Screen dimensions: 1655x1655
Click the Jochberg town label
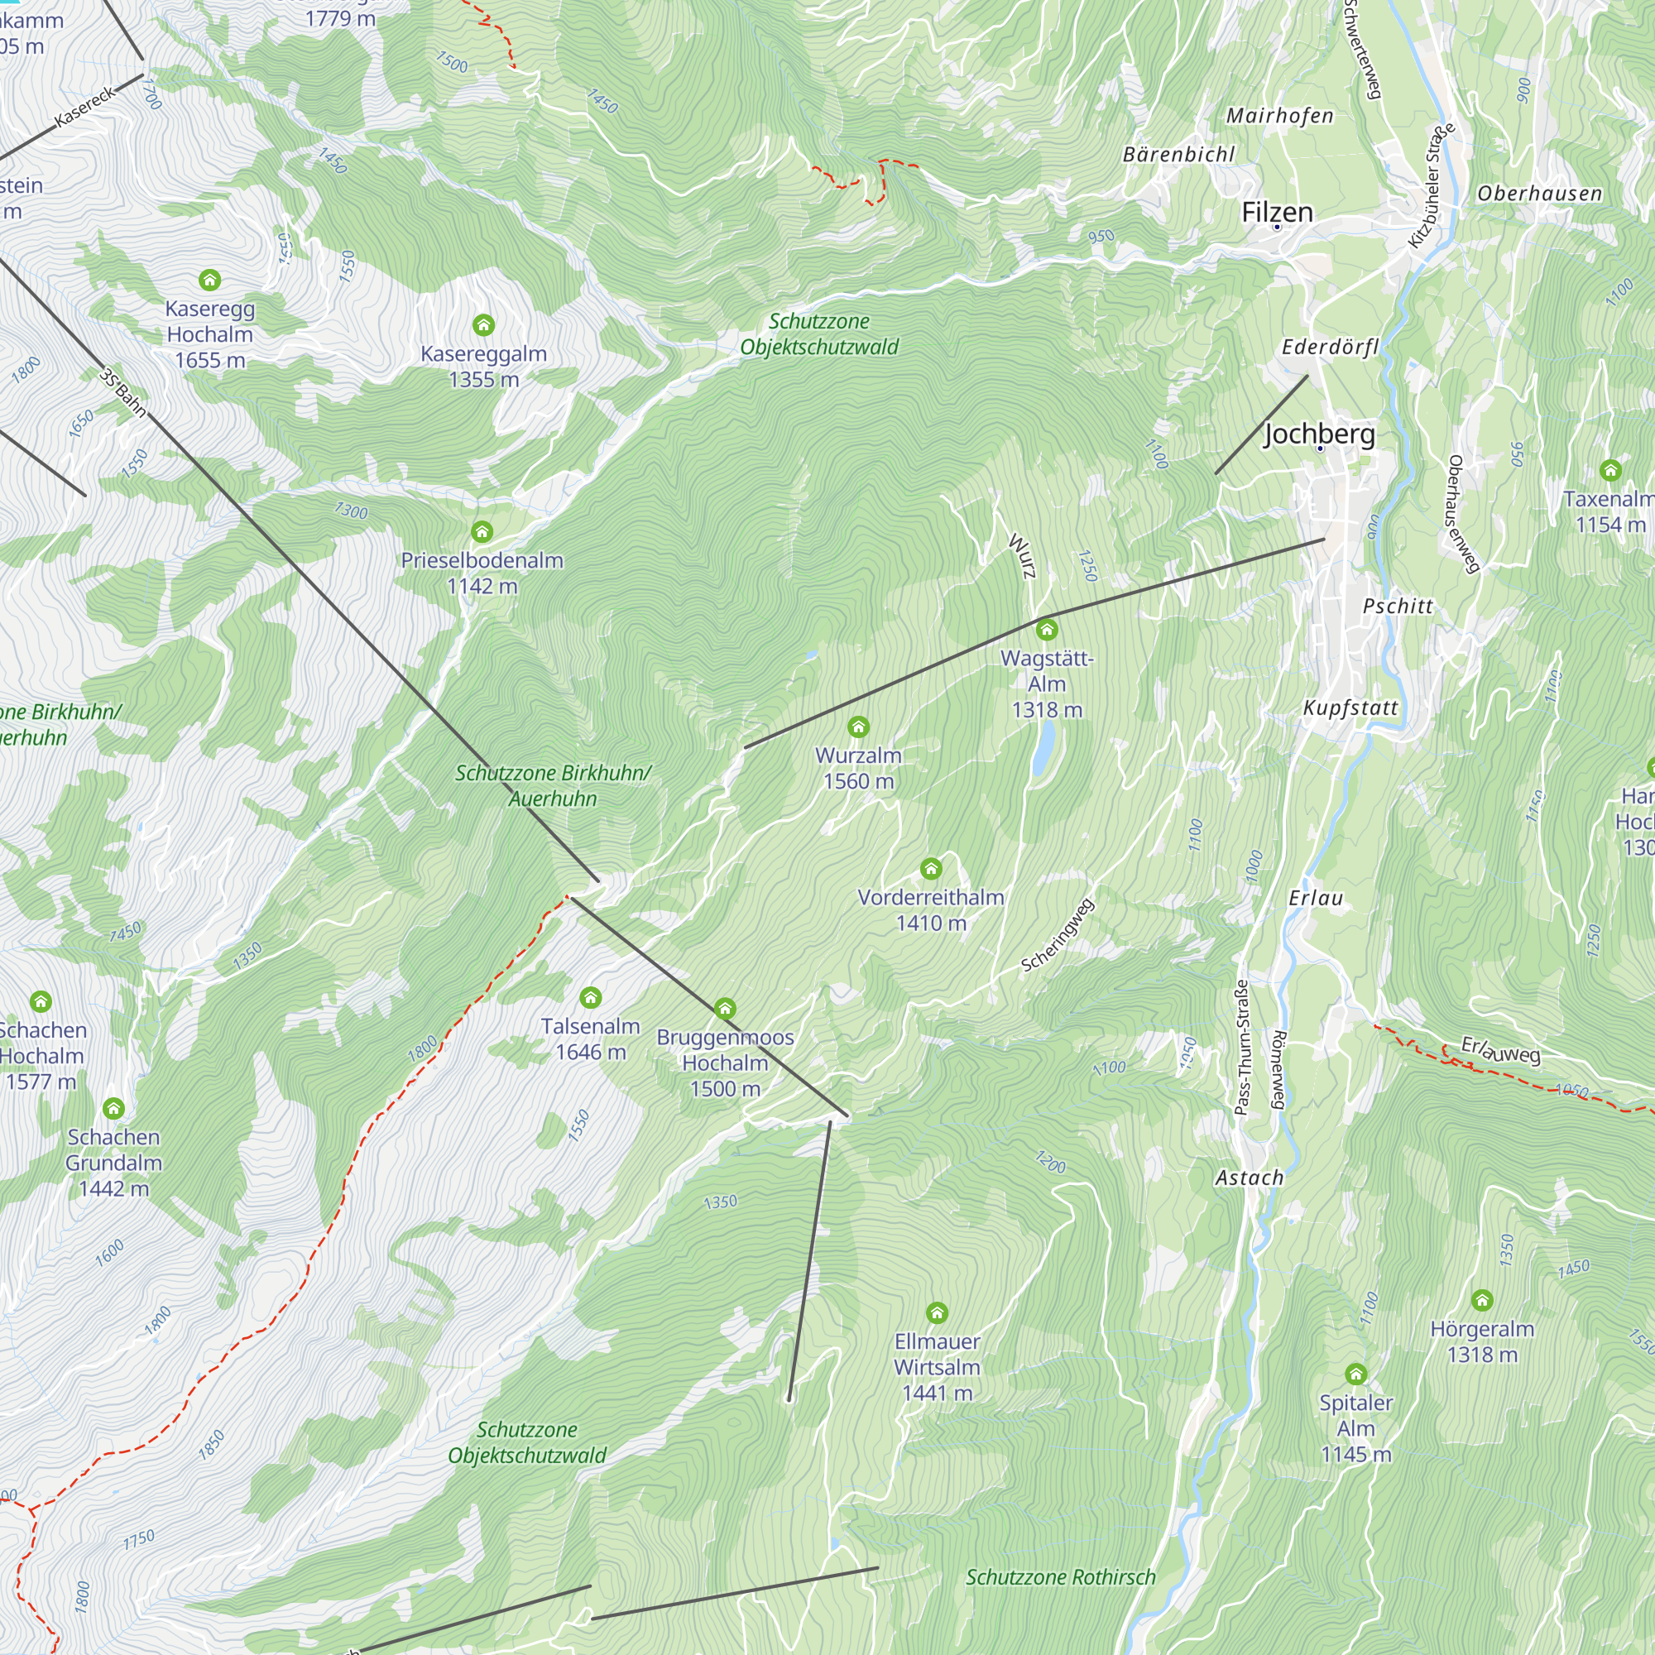click(1319, 434)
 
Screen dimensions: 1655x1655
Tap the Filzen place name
click(1276, 212)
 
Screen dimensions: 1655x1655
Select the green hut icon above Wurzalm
click(858, 727)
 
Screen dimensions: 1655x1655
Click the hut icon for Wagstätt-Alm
click(1046, 631)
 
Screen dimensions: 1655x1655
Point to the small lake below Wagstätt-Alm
click(1043, 747)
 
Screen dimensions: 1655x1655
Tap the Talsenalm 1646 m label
click(590, 1039)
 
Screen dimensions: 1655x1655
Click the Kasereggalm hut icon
click(483, 324)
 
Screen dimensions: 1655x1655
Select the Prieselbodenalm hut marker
click(482, 532)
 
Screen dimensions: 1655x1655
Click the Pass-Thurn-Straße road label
click(1240, 1048)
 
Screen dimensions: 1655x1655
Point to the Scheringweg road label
click(1057, 934)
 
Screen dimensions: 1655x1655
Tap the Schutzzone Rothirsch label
click(1061, 1577)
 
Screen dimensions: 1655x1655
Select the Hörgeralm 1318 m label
click(1482, 1341)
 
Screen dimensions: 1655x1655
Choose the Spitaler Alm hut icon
click(1355, 1374)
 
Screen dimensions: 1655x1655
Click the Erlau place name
click(1316, 898)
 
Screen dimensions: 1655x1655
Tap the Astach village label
click(1249, 1178)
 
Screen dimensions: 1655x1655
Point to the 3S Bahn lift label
click(122, 393)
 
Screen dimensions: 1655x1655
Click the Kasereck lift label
click(84, 107)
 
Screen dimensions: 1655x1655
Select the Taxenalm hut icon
click(1610, 469)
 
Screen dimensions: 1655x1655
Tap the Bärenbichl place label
click(1178, 154)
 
